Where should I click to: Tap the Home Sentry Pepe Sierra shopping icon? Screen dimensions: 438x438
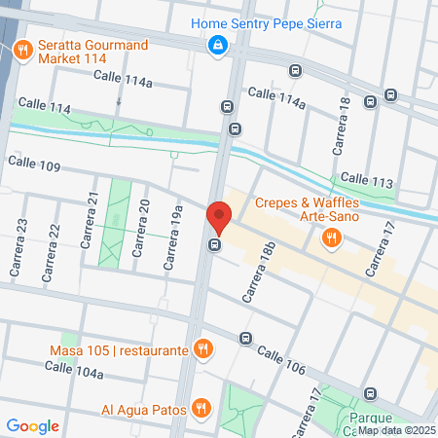pyautogui.click(x=218, y=44)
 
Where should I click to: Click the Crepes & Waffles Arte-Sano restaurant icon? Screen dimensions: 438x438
pyautogui.click(x=332, y=236)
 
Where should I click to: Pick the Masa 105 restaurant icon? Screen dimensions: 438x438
pyautogui.click(x=202, y=348)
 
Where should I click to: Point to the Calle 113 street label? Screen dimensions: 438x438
pyautogui.click(x=367, y=181)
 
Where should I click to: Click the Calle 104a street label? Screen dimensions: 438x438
pyautogui.click(x=72, y=370)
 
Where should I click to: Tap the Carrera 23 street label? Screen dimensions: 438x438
pyautogui.click(x=21, y=237)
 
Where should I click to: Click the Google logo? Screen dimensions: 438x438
pyautogui.click(x=32, y=425)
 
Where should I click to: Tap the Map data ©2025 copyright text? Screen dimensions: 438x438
pyautogui.click(x=396, y=430)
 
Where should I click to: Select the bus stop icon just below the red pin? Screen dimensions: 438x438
pyautogui.click(x=214, y=244)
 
